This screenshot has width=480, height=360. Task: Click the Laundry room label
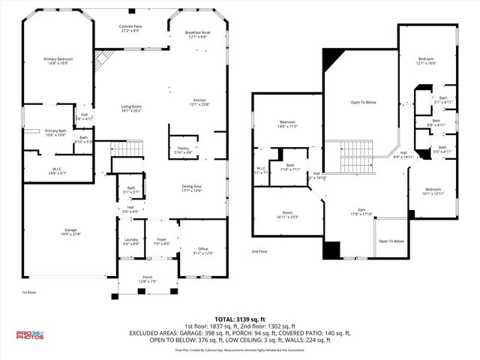click(130, 241)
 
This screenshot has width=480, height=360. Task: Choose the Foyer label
click(162, 241)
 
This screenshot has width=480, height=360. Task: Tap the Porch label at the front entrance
click(147, 280)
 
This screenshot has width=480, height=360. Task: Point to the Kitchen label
click(199, 102)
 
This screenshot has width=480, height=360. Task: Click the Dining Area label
click(192, 187)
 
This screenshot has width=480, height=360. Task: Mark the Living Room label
click(132, 108)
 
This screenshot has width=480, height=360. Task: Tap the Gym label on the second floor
click(362, 212)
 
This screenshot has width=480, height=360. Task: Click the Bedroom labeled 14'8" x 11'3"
click(289, 124)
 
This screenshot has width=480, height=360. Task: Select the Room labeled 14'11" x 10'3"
click(286, 214)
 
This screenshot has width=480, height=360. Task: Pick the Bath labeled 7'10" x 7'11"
click(290, 167)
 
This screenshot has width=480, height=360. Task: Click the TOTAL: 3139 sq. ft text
click(240, 318)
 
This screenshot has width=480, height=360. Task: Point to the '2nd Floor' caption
click(259, 251)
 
